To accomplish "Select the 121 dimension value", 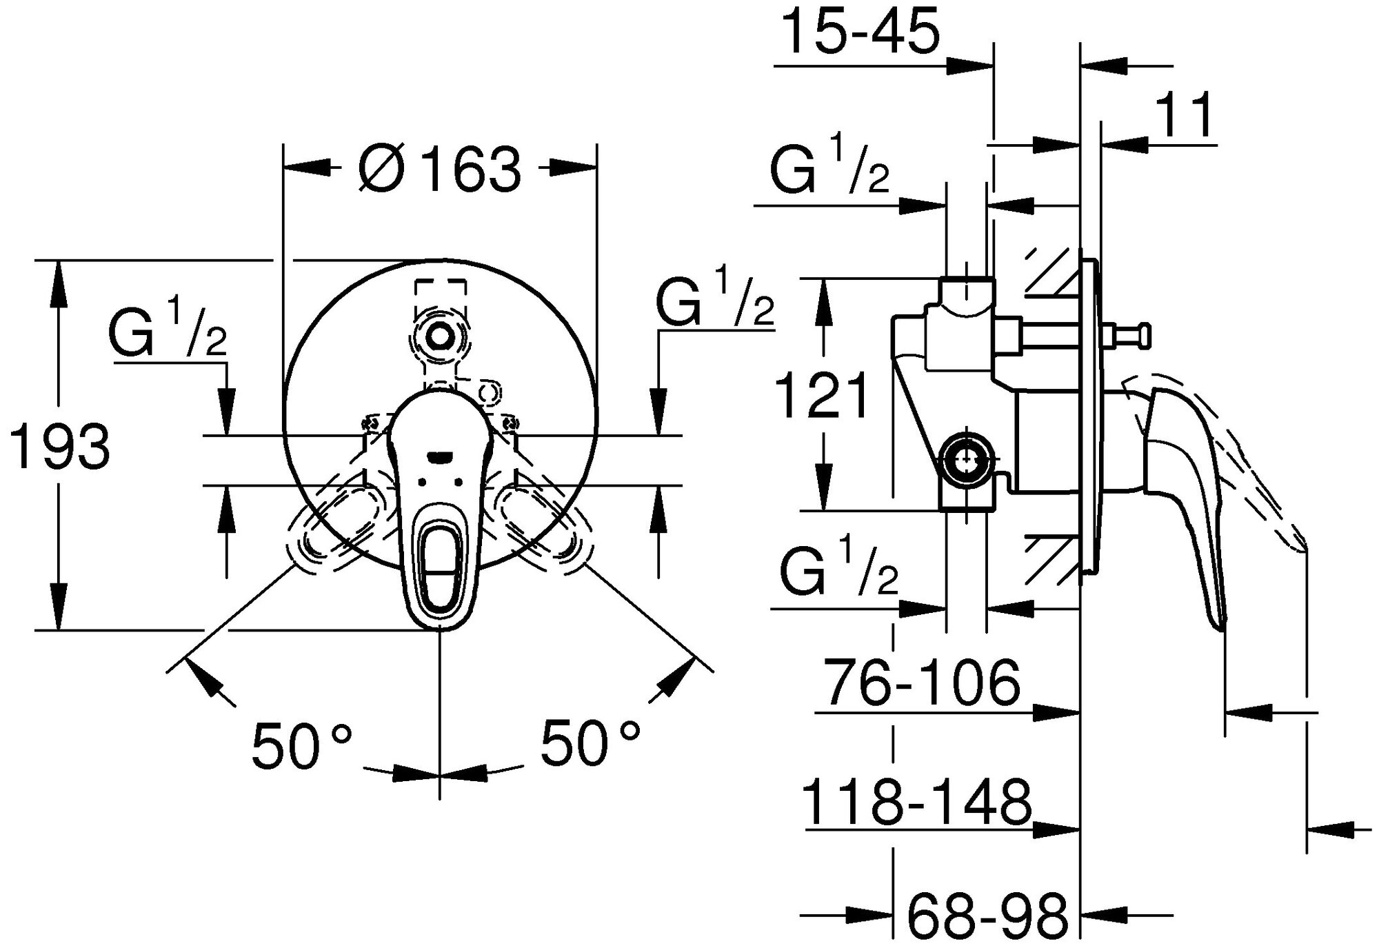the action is (823, 396).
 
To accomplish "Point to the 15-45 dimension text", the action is (863, 33).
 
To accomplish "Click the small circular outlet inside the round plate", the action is (439, 336).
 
